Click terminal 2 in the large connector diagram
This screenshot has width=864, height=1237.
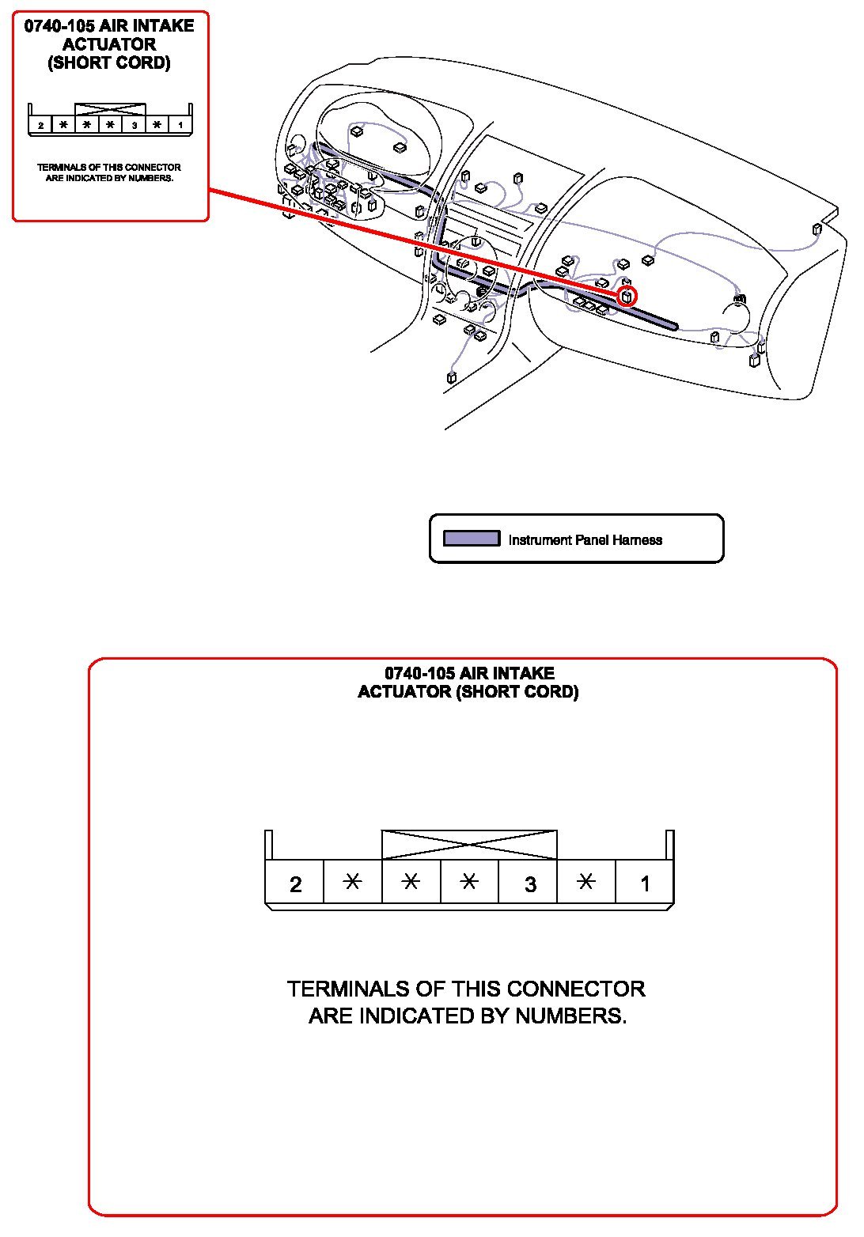(295, 883)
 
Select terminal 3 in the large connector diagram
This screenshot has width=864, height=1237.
(530, 883)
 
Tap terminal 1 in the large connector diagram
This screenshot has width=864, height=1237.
(645, 883)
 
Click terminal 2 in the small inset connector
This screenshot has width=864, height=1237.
(40, 125)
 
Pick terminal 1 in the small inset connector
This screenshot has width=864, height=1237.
(180, 125)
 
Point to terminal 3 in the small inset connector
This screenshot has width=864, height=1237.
(135, 125)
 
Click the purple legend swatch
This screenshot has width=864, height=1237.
(472, 539)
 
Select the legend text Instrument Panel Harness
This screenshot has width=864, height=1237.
(585, 540)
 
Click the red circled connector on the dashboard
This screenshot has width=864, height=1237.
(627, 297)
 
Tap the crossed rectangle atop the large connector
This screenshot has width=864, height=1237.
(469, 845)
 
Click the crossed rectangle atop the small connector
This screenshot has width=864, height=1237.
(110, 109)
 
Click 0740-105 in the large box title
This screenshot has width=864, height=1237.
(419, 673)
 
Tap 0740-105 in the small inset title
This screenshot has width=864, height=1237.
(59, 26)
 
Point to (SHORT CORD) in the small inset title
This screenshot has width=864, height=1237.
(109, 63)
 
